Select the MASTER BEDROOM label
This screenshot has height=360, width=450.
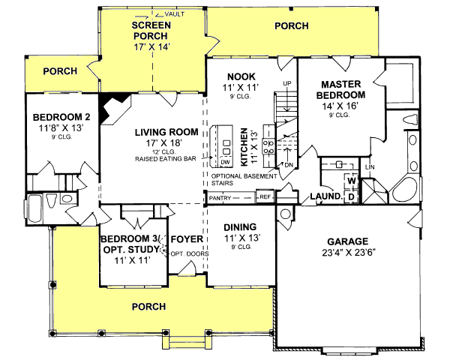pyautogui.click(x=343, y=91)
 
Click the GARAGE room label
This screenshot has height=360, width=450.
pyautogui.click(x=346, y=241)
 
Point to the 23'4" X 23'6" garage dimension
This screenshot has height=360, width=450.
pyautogui.click(x=346, y=253)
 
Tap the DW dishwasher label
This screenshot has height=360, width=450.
pyautogui.click(x=225, y=162)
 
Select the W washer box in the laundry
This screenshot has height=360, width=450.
pyautogui.click(x=350, y=180)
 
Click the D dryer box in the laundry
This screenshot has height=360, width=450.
pyautogui.click(x=350, y=196)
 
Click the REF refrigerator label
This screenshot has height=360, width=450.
pyautogui.click(x=264, y=196)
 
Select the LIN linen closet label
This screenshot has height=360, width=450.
pyautogui.click(x=369, y=166)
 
